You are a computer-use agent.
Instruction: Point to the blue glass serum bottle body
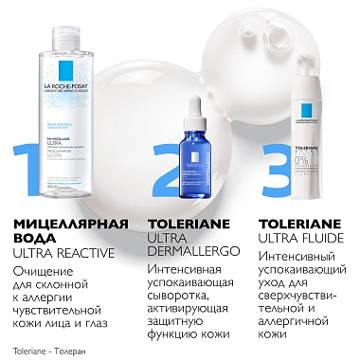189,142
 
